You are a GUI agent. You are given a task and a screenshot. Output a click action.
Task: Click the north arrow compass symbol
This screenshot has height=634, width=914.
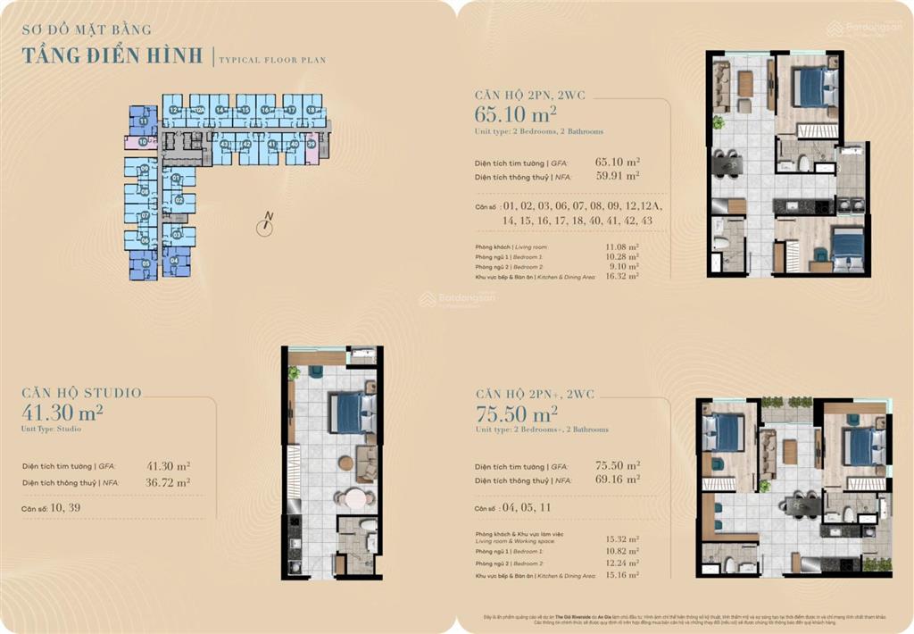[x=264, y=227]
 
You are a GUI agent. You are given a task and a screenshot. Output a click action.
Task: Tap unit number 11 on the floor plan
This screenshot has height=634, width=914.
[x=143, y=121]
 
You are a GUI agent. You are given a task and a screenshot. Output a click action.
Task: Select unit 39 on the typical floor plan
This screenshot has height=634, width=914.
[x=311, y=144]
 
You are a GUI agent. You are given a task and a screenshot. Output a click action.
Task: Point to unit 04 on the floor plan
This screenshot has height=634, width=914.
[x=174, y=261]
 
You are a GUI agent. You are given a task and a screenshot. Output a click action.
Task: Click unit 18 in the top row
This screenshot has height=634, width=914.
[x=311, y=110]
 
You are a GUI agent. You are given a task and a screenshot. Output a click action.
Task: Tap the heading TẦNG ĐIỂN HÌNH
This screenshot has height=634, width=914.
[x=113, y=55]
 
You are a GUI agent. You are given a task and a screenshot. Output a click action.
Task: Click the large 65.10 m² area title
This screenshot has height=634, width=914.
[x=516, y=113]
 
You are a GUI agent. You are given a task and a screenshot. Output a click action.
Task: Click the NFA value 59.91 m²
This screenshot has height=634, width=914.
[x=618, y=177]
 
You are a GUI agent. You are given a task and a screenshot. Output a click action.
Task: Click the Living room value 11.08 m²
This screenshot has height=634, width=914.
[x=620, y=246]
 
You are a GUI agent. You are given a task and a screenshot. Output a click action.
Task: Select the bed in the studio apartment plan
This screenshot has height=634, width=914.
[x=353, y=413]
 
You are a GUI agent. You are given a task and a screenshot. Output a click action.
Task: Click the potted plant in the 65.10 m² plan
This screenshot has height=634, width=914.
[x=717, y=122]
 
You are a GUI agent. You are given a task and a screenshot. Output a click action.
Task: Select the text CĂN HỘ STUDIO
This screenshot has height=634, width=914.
[x=81, y=393]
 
